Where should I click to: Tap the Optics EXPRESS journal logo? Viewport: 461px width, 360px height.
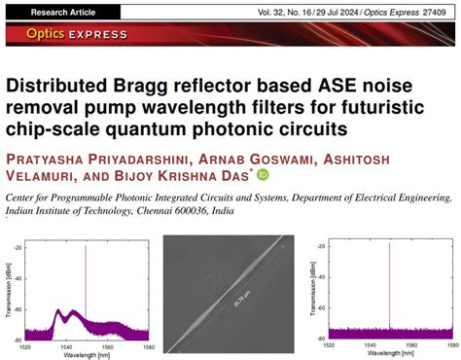click(x=65, y=36)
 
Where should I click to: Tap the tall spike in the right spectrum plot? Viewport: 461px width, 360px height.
click(x=389, y=282)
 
